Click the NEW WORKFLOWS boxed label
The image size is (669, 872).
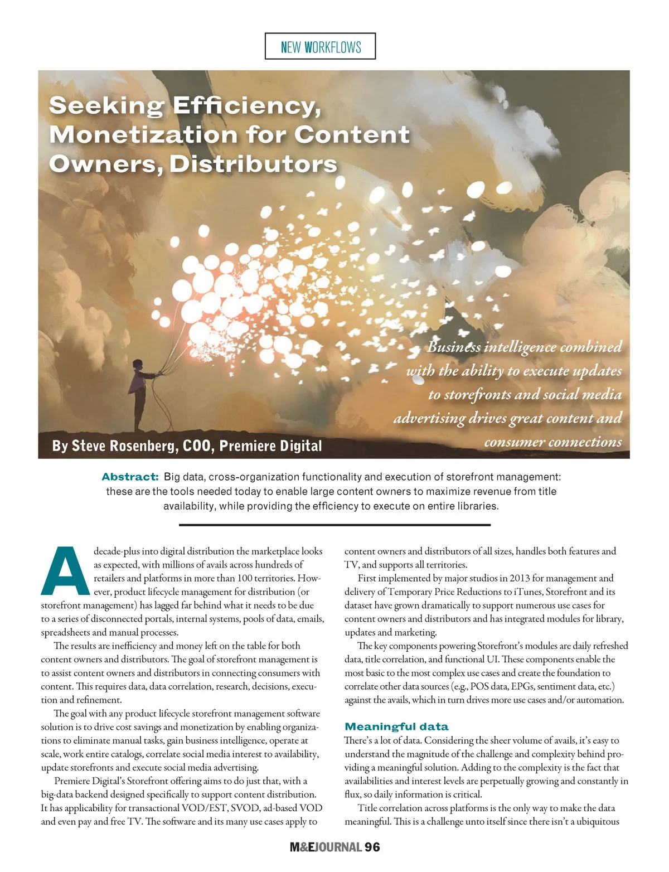pyautogui.click(x=321, y=47)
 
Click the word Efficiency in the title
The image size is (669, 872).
pyautogui.click(x=246, y=106)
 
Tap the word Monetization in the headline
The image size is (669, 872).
pyautogui.click(x=143, y=135)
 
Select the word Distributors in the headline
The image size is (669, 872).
pyautogui.click(x=254, y=164)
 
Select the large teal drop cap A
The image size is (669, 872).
pyautogui.click(x=65, y=571)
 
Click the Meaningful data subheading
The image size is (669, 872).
pyautogui.click(x=396, y=726)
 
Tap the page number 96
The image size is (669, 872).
pyautogui.click(x=372, y=847)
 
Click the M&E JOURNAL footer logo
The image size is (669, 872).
pyautogui.click(x=326, y=847)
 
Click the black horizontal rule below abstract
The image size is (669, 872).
pyautogui.click(x=334, y=525)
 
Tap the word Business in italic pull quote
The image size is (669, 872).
pyautogui.click(x=454, y=347)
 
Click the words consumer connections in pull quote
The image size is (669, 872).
pyautogui.click(x=553, y=442)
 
